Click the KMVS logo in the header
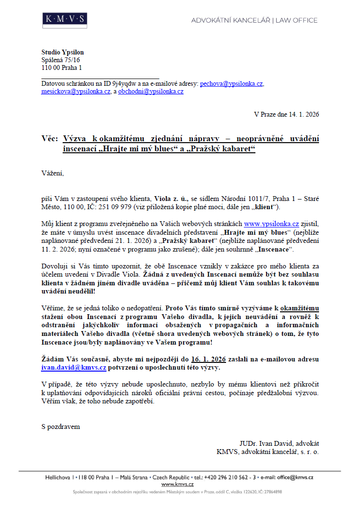tap(64, 19)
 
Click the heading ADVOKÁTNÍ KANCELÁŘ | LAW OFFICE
tap(254, 20)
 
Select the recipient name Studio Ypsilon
tap(62, 53)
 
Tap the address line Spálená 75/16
tap(60, 60)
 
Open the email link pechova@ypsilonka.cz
tap(231, 83)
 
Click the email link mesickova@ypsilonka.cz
tap(76, 91)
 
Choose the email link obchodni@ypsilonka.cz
tap(151, 91)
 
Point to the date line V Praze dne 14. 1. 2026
tap(286, 115)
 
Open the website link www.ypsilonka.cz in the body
tap(271, 224)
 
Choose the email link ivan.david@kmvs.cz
tap(74, 367)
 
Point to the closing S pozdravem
tap(60, 427)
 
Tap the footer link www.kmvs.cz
tap(177, 484)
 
